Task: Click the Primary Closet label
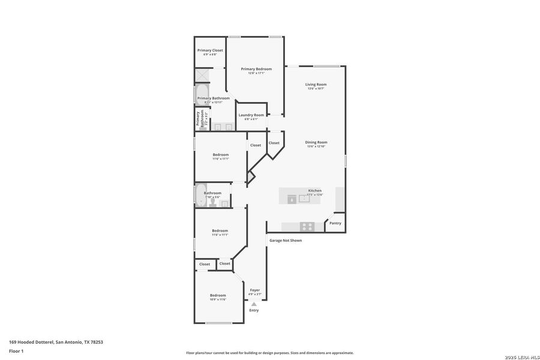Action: (x=210, y=50)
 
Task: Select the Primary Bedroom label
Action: (x=256, y=69)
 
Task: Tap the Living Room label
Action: (x=316, y=85)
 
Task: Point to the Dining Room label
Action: (x=317, y=142)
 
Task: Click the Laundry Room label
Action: (x=251, y=115)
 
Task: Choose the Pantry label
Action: (x=335, y=223)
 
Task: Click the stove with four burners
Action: (x=307, y=226)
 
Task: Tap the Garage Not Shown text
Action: (x=286, y=241)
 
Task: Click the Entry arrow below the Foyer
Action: (x=254, y=304)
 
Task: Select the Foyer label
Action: (x=255, y=290)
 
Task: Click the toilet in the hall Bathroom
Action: (x=224, y=204)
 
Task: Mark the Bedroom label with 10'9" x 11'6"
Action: (x=218, y=295)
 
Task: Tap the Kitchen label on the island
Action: (x=315, y=191)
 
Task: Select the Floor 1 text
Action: (x=16, y=351)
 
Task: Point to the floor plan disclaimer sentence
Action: (x=269, y=353)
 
